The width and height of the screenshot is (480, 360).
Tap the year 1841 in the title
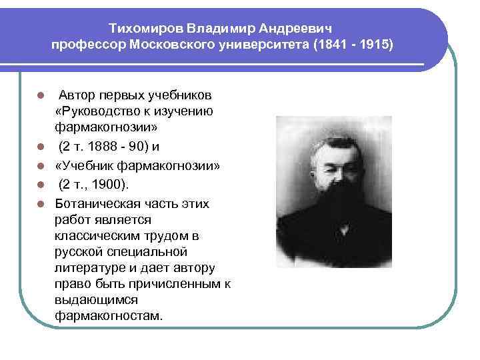tap(334, 45)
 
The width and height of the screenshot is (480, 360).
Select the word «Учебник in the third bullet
tap(84, 165)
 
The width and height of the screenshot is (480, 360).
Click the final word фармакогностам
tap(108, 315)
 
